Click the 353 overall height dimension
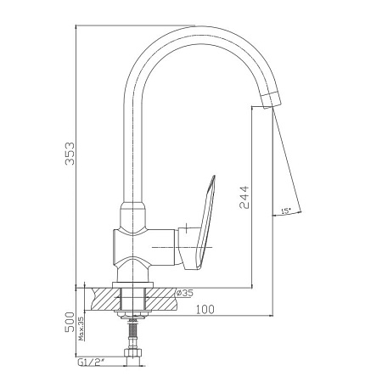tap(70, 154)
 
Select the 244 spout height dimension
tap(244, 197)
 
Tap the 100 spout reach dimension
tap(205, 310)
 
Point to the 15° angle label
tap(286, 211)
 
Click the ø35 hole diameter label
tap(184, 293)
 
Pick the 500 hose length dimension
tap(70, 322)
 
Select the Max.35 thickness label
tap(81, 329)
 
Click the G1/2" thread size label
tap(91, 362)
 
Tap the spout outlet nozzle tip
tap(272, 100)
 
